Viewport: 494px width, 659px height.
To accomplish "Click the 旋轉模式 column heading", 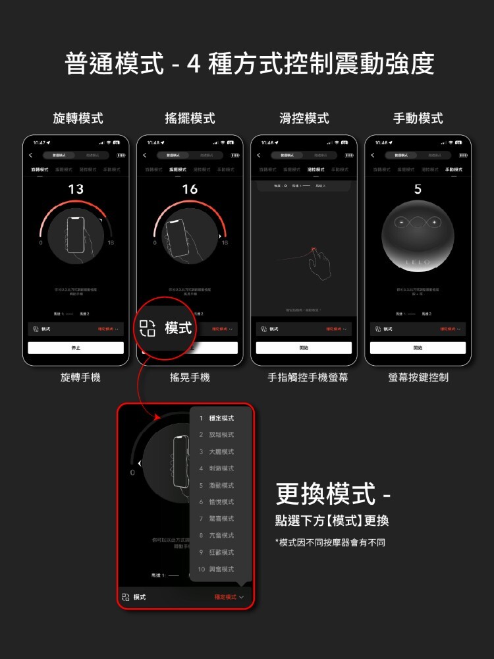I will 78,119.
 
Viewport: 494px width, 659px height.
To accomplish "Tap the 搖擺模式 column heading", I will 190,119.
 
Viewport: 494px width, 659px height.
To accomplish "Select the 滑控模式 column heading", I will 304,119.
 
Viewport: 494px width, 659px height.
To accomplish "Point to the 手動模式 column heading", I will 418,119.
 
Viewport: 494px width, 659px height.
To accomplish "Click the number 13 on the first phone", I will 76,190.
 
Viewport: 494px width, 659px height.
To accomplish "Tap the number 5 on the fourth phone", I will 418,190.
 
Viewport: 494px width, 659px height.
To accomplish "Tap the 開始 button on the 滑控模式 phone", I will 304,348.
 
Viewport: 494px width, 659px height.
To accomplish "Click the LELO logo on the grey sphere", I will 418,262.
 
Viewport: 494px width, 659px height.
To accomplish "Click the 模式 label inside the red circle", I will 178,328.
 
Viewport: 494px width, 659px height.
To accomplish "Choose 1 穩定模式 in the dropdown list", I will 217,418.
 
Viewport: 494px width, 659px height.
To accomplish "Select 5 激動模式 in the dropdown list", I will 217,486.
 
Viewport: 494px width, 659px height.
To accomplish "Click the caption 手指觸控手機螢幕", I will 308,378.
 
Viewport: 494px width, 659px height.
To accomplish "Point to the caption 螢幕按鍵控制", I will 418,378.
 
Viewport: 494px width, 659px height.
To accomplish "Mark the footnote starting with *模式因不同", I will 330,542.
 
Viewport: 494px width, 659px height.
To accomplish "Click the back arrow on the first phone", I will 30,156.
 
